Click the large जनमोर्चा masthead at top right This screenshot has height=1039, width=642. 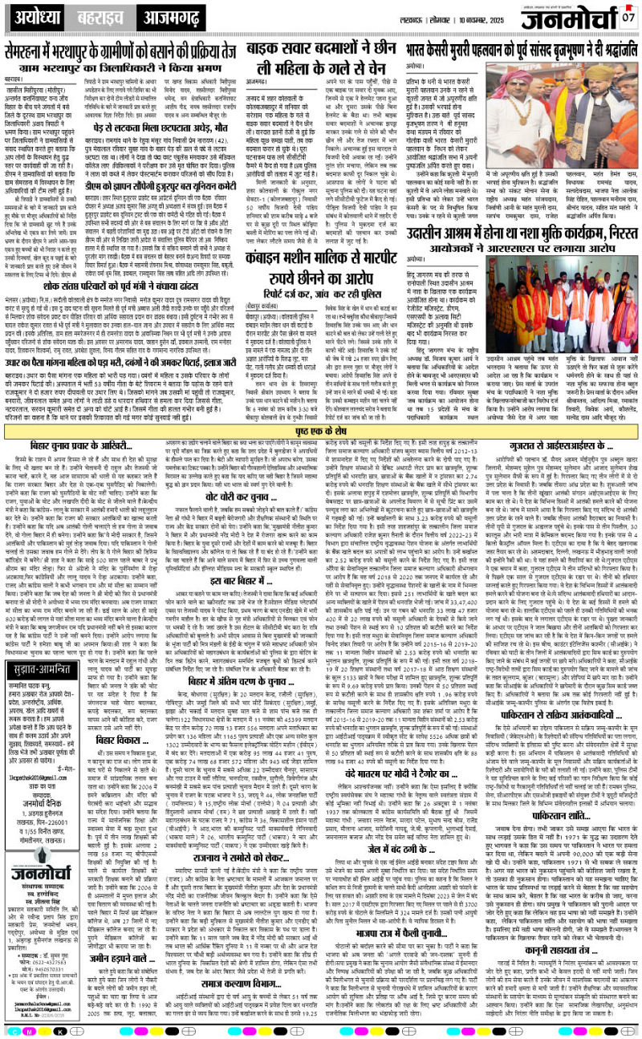[x=567, y=18]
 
